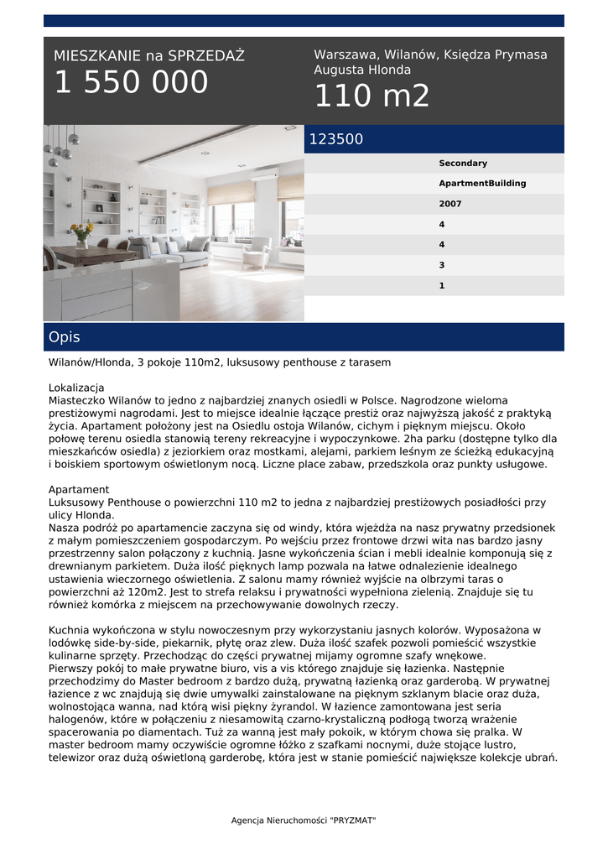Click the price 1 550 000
coord(131,83)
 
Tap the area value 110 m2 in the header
coord(372,96)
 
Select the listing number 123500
coord(336,139)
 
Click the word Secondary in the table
coord(462,164)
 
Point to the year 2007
coord(450,204)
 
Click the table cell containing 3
coord(441,265)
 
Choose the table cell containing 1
coord(441,285)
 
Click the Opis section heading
coord(65,337)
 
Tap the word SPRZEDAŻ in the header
coord(206,56)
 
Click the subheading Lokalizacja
coord(76,388)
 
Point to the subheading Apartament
coord(79,489)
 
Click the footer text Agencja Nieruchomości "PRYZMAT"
coord(304,820)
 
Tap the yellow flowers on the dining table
coord(81,229)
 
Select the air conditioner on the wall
coord(263,176)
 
